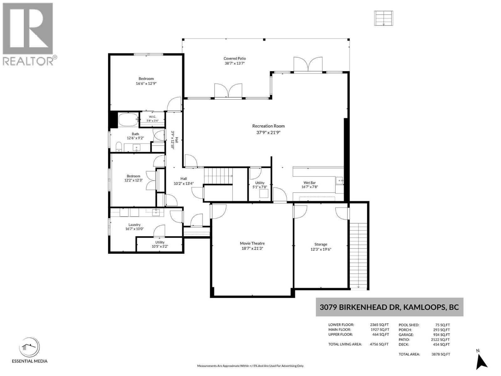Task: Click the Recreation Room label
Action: pyautogui.click(x=268, y=126)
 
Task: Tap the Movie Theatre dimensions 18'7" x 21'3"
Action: pyautogui.click(x=252, y=248)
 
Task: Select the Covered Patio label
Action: pyautogui.click(x=235, y=59)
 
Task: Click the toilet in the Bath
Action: pyautogui.click(x=119, y=147)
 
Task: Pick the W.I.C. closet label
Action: pyautogui.click(x=152, y=117)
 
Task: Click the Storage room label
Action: pyautogui.click(x=320, y=244)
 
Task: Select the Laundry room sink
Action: pyautogui.click(x=156, y=212)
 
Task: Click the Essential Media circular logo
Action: pyautogui.click(x=29, y=348)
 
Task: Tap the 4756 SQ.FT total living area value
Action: pyautogui.click(x=379, y=344)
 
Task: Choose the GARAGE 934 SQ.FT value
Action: pyautogui.click(x=442, y=334)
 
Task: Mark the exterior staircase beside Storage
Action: pyautogui.click(x=359, y=256)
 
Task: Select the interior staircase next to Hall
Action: pyautogui.click(x=218, y=175)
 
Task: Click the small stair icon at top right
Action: pyautogui.click(x=384, y=18)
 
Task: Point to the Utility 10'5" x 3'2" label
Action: pyautogui.click(x=160, y=244)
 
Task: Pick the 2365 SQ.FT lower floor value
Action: pyautogui.click(x=379, y=325)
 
